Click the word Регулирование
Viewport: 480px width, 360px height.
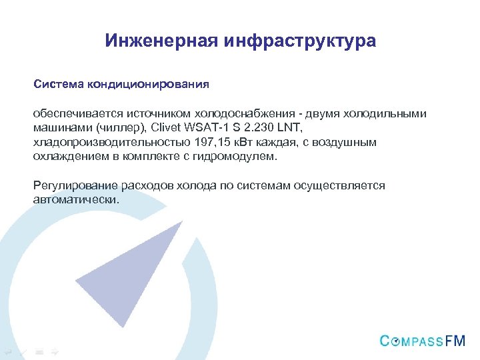coord(70,185)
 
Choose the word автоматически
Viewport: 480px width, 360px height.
coord(75,199)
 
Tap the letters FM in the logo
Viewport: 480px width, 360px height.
coord(455,341)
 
